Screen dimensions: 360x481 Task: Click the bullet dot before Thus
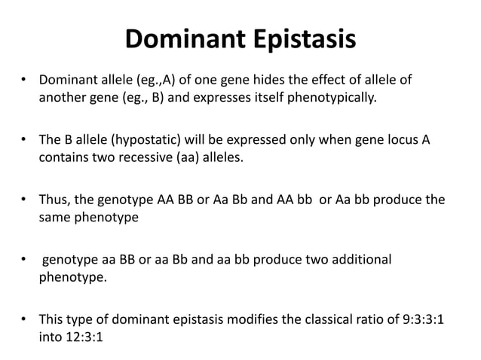coord(25,200)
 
